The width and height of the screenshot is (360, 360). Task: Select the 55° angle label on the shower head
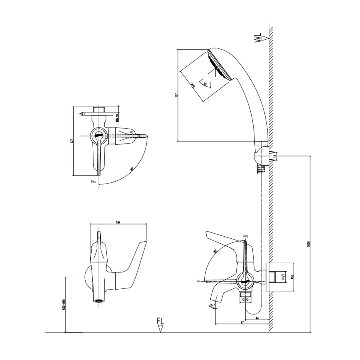coord(206,84)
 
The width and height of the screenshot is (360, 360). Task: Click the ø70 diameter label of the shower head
coord(193,86)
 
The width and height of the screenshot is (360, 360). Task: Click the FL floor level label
coord(160,321)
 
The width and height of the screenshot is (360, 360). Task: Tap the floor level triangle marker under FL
coord(160,328)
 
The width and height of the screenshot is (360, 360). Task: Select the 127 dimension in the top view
coord(72,141)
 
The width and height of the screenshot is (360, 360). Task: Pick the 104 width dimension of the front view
coord(118,222)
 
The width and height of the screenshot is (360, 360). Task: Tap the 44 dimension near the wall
coord(256,318)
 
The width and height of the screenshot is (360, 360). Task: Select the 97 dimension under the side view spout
coord(242,322)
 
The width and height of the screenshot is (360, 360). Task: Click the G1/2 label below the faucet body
coord(246,299)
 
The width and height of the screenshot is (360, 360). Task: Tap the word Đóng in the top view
coord(94,181)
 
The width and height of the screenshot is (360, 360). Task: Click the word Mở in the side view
coord(198,281)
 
